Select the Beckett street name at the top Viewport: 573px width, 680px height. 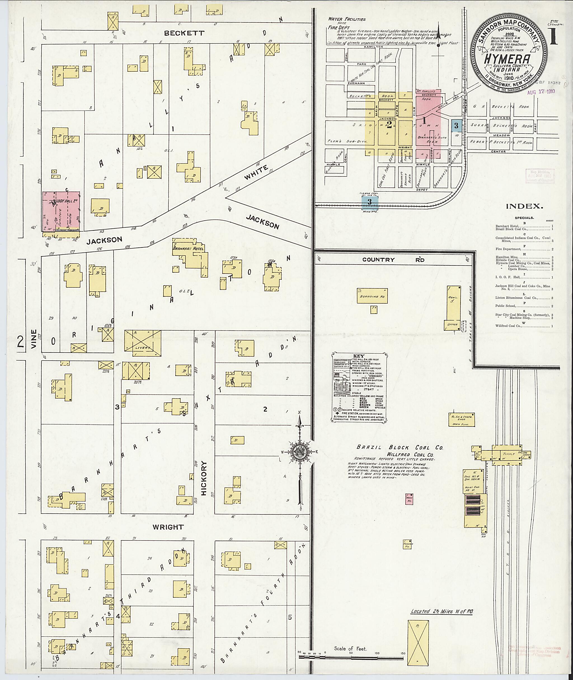184,33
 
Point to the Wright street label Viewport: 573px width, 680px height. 168,527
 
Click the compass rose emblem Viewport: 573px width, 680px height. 300,452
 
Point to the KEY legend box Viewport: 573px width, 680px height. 360,387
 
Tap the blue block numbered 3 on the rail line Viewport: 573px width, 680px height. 369,202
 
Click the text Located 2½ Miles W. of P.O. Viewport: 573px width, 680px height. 442,611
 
